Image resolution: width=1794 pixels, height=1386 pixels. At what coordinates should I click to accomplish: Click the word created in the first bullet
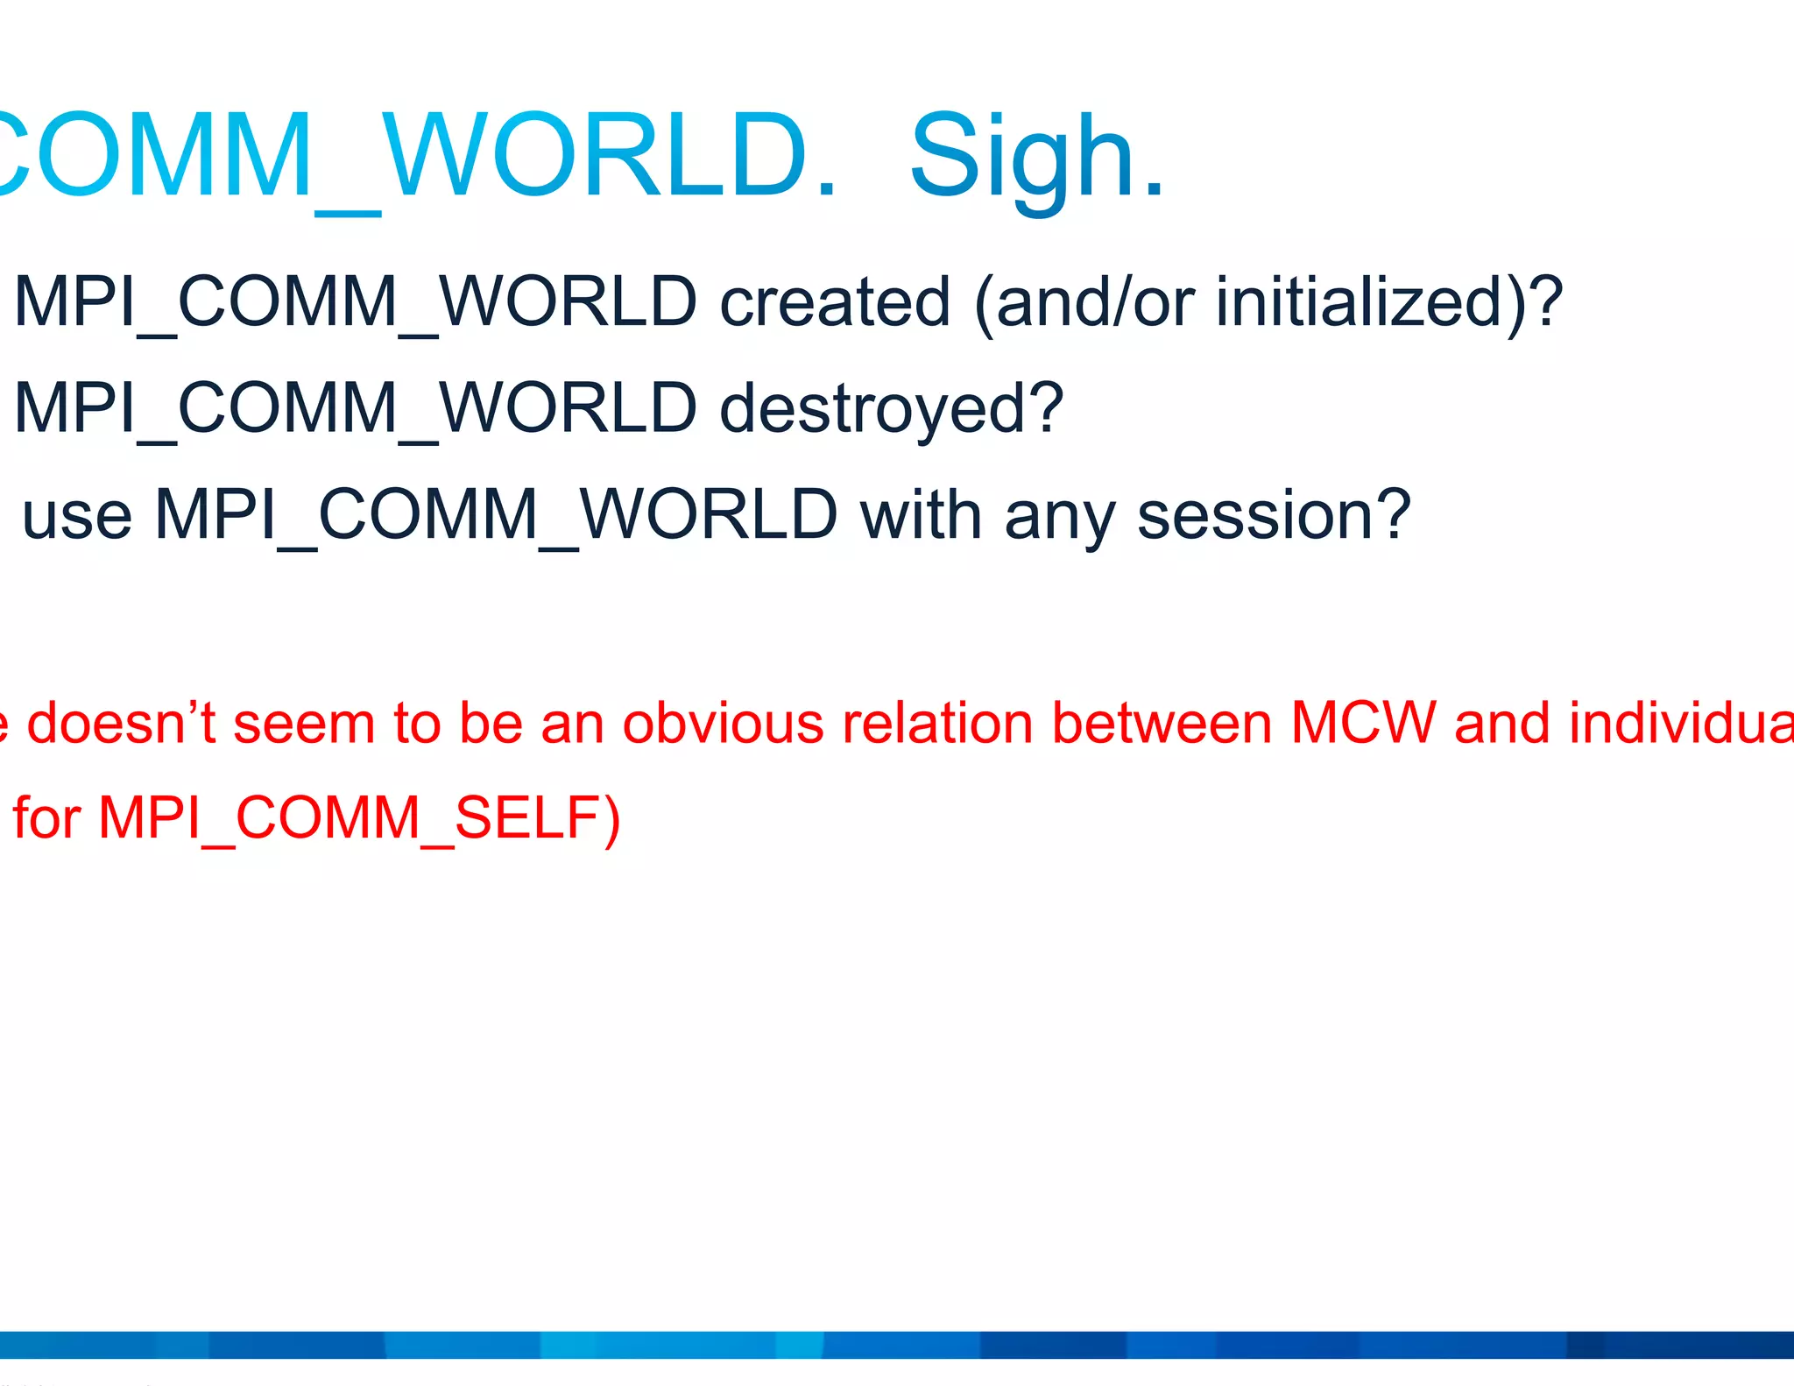tap(835, 303)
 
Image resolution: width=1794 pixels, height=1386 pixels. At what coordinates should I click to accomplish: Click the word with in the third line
tap(921, 516)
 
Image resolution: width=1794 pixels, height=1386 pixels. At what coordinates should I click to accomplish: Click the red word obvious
tap(724, 724)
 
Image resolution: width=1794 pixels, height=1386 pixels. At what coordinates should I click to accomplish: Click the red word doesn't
tap(122, 724)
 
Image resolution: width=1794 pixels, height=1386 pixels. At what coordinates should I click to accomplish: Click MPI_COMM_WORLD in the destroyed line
tap(356, 410)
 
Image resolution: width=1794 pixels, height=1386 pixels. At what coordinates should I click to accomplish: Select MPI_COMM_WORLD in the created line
tap(356, 303)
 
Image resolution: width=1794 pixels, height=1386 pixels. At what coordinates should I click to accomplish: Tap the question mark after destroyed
tap(1047, 408)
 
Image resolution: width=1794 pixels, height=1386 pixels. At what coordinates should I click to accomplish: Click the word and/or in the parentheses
tap(1095, 303)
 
